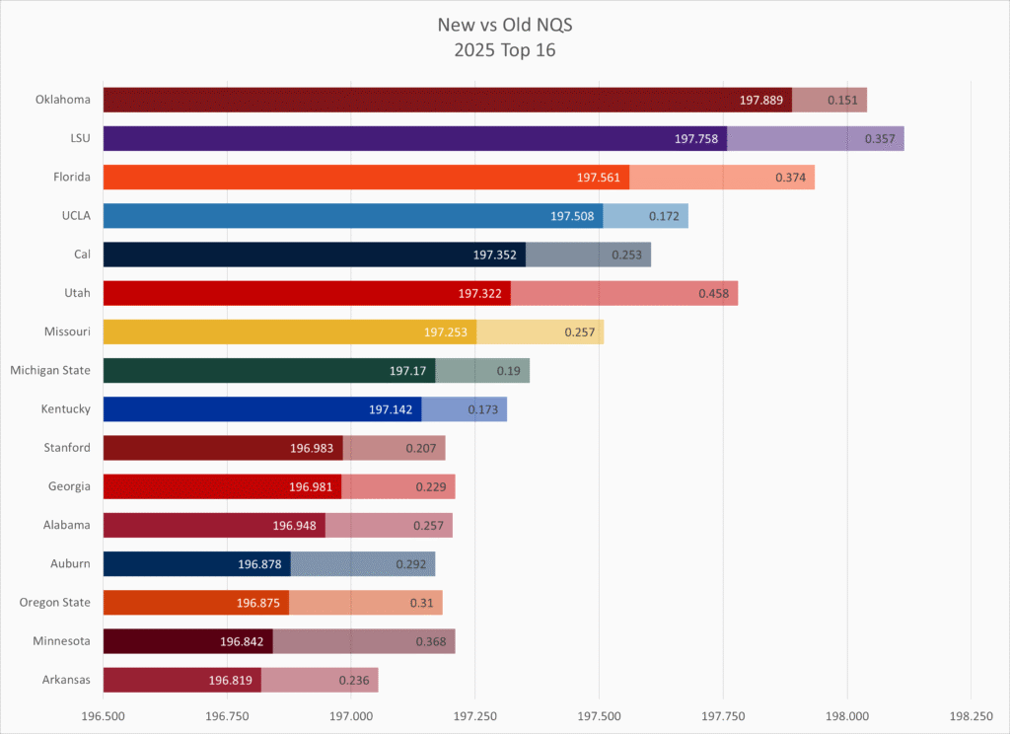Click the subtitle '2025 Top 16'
[x=504, y=50]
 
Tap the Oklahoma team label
[x=63, y=100]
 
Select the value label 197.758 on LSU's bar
[x=696, y=139]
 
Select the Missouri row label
[x=67, y=331]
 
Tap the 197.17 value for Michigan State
[x=407, y=371]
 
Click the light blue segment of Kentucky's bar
[x=464, y=409]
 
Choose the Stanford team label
[x=67, y=448]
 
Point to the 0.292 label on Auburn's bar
[x=410, y=564]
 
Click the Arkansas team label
[x=66, y=680]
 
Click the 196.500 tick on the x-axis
[x=104, y=714]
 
